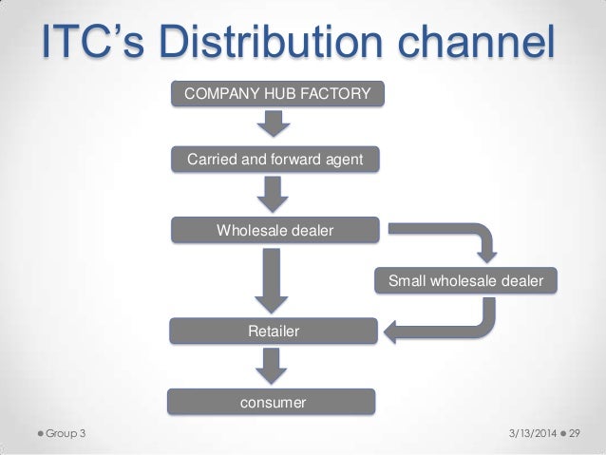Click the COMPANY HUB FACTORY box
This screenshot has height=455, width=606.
point(275,95)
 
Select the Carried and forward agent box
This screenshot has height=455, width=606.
point(275,161)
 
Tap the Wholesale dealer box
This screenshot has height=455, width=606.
point(275,230)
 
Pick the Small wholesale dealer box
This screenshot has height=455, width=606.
point(466,281)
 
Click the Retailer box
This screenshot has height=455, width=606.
point(274,332)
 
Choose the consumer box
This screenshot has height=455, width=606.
point(274,403)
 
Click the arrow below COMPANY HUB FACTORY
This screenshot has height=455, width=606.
point(274,123)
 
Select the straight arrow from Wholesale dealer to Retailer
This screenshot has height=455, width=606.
point(274,279)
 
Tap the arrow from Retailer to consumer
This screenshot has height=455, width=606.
point(274,366)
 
